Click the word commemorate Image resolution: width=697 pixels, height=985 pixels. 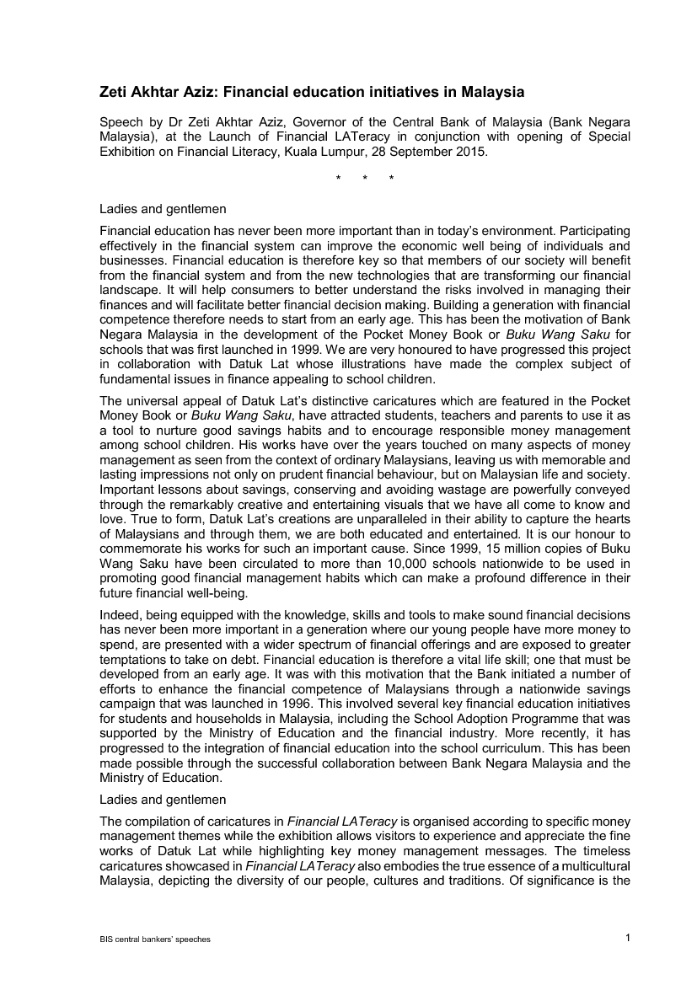pyautogui.click(x=140, y=543)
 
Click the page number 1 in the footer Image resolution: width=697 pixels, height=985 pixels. pyautogui.click(x=629, y=938)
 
